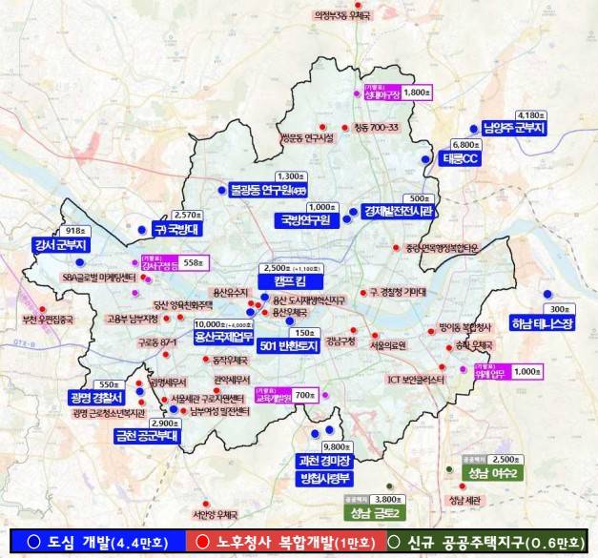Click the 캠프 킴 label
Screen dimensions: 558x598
(290, 281)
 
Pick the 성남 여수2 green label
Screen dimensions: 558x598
(493, 473)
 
